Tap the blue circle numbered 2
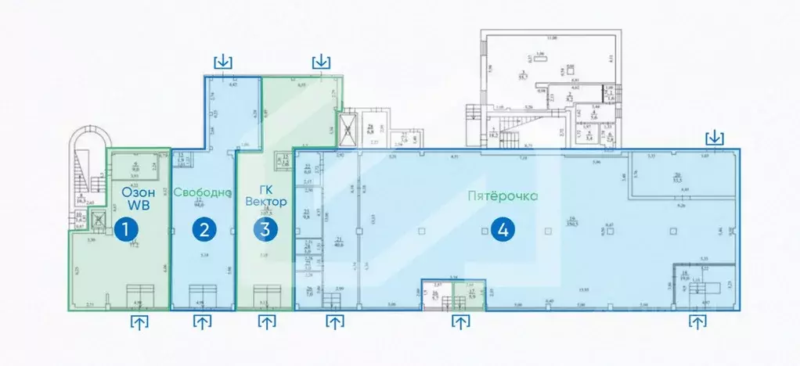205,230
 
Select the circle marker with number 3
266,230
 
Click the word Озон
139,190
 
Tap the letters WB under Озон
139,205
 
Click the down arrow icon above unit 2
224,61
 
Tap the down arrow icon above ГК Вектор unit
321,61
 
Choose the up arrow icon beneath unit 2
203,321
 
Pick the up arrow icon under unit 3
267,321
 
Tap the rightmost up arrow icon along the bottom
697,321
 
